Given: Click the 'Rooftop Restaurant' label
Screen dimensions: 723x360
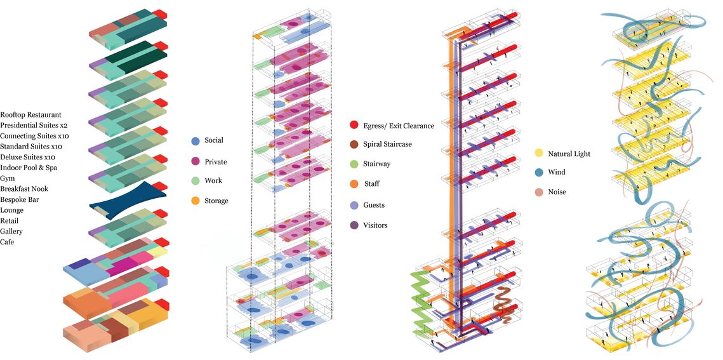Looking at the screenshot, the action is coord(31,114).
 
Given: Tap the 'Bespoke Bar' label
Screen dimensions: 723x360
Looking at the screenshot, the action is coord(20,199).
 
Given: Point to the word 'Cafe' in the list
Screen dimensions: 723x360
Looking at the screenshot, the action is coord(8,242).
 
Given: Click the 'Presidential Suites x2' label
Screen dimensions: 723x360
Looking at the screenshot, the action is coord(34,125).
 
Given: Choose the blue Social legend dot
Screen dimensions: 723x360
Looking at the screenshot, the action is coord(195,140).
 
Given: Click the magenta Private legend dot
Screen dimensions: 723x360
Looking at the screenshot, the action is coord(195,161).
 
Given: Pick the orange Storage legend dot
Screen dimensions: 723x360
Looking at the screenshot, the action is coord(195,201).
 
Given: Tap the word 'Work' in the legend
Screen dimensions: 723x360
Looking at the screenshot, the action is coord(213,181).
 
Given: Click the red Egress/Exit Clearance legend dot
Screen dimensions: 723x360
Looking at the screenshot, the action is coord(354,124).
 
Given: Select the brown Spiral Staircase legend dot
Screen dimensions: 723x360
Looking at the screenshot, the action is coord(354,144).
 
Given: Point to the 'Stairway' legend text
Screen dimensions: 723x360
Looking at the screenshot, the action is coord(376,164).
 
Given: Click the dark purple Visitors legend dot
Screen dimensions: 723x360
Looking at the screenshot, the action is coord(354,225).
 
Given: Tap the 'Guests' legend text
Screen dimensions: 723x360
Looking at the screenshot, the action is coord(374,205).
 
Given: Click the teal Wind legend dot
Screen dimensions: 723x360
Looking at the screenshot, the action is coord(538,172).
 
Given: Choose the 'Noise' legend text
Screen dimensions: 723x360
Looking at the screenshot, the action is coord(557,192).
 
